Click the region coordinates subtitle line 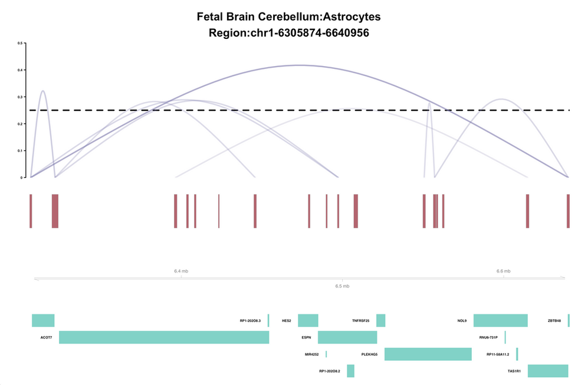[289, 33]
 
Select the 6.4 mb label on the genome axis [181, 271]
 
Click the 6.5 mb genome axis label [342, 286]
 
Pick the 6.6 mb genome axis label [503, 271]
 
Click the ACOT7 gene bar [164, 337]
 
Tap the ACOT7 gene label [46, 338]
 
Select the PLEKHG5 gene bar [428, 354]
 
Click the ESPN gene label [306, 338]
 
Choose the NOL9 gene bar [500, 320]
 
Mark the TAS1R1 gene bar [548, 371]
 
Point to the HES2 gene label [287, 321]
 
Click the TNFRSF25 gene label [360, 321]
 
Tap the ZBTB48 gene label [554, 321]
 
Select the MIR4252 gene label [312, 354]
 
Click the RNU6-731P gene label [489, 338]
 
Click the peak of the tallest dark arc [299, 65]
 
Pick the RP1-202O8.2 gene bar [350, 371]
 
